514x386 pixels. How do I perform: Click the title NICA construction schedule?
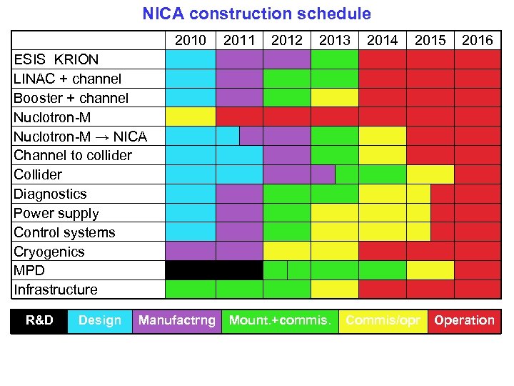pos(256,14)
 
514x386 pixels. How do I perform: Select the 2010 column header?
pos(191,40)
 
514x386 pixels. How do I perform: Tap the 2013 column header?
pos(334,40)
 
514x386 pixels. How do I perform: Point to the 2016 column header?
pos(477,40)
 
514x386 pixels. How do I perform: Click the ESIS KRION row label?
pos(56,59)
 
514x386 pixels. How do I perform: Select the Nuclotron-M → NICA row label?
pos(80,137)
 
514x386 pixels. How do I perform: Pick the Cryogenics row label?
pos(49,252)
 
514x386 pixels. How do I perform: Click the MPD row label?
pos(29,271)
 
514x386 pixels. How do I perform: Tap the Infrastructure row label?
pos(56,289)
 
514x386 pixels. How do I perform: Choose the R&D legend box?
pos(39,321)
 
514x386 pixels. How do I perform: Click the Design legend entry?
pos(100,321)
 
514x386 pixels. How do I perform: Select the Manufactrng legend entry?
pos(176,321)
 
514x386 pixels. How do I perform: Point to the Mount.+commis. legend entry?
pos(280,321)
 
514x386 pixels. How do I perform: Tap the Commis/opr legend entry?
pos(383,321)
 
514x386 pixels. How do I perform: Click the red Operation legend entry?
pos(464,321)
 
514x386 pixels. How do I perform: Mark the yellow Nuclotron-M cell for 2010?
pos(191,117)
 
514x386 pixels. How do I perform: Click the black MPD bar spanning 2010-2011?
pos(214,270)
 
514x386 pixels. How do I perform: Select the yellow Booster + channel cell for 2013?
pos(334,97)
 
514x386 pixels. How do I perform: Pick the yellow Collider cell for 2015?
pos(430,174)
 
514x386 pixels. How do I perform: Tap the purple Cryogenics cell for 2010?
pos(191,251)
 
